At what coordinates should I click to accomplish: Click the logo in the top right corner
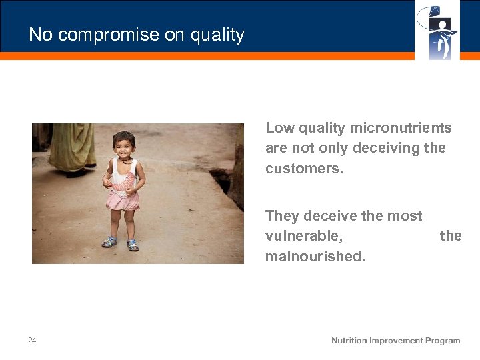437,30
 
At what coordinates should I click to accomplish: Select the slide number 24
32,341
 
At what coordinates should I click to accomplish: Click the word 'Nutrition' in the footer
349,341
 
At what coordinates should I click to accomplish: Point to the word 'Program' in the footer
441,341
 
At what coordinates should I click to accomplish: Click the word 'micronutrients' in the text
401,128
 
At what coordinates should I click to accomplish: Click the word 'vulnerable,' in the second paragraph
304,236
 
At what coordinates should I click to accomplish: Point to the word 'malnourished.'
315,256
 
